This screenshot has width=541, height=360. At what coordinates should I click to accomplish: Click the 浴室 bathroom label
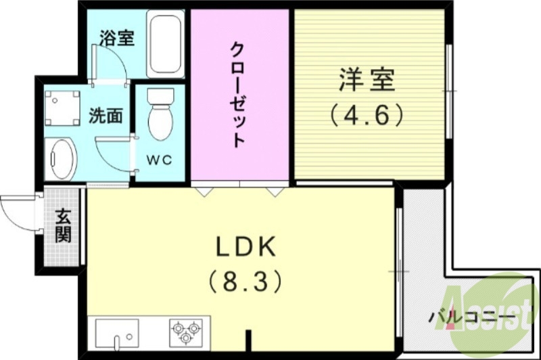point(116,38)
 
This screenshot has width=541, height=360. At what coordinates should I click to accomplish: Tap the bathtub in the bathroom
point(165,45)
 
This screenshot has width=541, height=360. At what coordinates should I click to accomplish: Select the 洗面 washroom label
point(105,116)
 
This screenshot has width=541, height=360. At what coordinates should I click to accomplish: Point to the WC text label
point(160,160)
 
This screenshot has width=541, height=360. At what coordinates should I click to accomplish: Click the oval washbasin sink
point(62,159)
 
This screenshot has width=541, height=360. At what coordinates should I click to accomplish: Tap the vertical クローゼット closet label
point(238,95)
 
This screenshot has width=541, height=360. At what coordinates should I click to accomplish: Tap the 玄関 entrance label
point(63,227)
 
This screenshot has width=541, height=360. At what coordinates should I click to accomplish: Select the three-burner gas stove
point(185,332)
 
